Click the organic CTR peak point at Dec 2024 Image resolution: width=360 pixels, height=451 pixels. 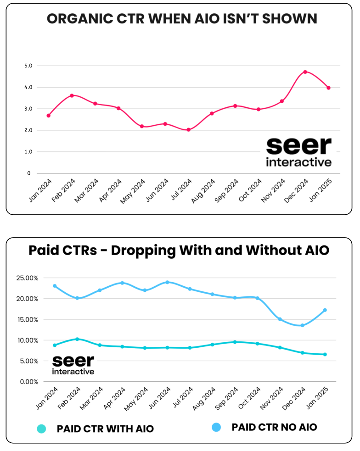[x=305, y=72]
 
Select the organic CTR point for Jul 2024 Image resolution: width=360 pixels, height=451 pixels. [x=188, y=130]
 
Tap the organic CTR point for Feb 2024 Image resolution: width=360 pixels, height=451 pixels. [x=72, y=95]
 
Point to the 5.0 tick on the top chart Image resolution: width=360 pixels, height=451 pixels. [x=28, y=66]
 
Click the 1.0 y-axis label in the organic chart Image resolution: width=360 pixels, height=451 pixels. [x=28, y=152]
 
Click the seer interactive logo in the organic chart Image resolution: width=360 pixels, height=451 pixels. [x=298, y=152]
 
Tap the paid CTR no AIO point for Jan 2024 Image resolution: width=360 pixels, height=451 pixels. [x=55, y=286]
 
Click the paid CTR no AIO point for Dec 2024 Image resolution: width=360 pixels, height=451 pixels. [x=302, y=325]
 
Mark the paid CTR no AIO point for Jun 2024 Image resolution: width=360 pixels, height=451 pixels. [x=167, y=282]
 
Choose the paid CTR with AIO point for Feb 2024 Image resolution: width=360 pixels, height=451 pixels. [x=77, y=339]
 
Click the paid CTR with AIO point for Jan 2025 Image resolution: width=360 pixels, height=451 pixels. [x=325, y=354]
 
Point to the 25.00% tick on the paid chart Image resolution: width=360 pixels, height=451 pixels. [x=28, y=278]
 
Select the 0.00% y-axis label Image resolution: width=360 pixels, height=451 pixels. [x=29, y=382]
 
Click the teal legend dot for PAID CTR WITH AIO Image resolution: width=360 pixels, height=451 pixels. [x=41, y=429]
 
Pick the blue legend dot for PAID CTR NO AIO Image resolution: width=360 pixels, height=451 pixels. [x=216, y=427]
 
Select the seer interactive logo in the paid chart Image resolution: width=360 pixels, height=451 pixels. [x=73, y=364]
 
